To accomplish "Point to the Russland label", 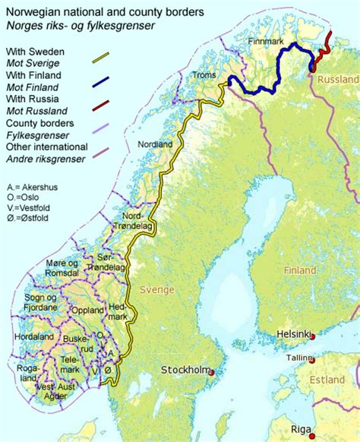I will click(x=339, y=80).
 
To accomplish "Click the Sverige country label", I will click(x=157, y=289).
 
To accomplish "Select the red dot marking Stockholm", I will click(x=211, y=371).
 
